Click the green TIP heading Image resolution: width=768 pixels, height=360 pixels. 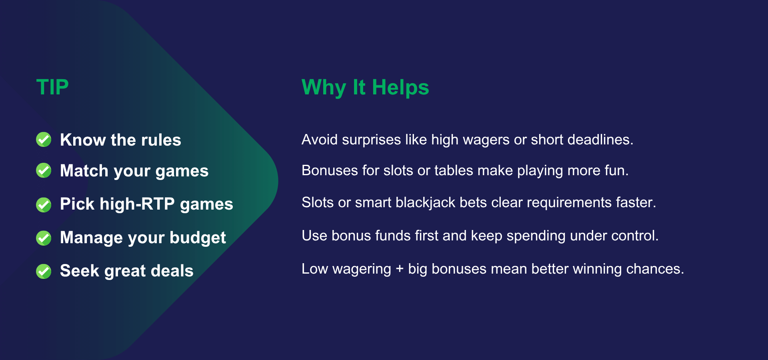tap(52, 87)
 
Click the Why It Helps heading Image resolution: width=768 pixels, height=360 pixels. tap(365, 88)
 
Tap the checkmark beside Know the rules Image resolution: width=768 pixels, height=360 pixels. tap(44, 140)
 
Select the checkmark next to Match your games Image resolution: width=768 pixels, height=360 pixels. tap(44, 170)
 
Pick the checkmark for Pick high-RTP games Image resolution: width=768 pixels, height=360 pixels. tap(44, 205)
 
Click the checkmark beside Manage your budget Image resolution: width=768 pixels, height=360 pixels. tap(44, 238)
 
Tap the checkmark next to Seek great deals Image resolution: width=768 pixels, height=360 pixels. tap(44, 271)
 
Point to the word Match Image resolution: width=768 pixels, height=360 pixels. tap(84, 171)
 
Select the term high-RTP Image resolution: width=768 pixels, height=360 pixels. tap(137, 204)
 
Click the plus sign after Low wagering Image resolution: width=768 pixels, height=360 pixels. tap(400, 269)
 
